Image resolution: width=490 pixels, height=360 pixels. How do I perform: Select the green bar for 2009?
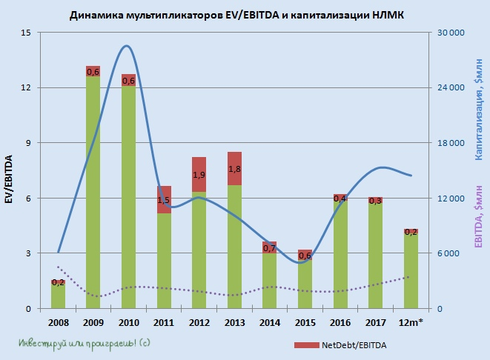[x=93, y=193]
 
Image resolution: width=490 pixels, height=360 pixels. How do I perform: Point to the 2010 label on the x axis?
[x=128, y=322]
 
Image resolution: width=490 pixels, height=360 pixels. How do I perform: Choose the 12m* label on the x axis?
[x=411, y=322]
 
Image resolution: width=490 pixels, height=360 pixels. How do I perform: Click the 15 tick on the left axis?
[x=26, y=33]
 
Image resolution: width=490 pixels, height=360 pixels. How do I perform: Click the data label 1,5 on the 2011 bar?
[x=164, y=200]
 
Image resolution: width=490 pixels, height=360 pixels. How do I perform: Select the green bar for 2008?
[x=59, y=296]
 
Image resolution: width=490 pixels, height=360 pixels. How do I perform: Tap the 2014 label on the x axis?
[x=270, y=322]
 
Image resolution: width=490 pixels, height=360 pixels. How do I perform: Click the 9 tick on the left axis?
[x=28, y=143]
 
